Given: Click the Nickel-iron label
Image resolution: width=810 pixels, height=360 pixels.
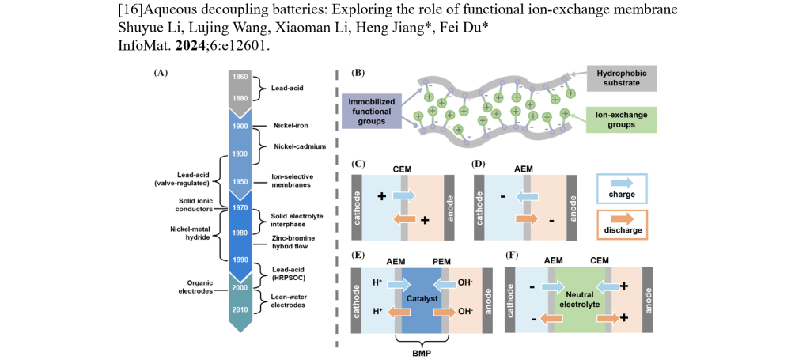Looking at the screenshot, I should click(288, 125).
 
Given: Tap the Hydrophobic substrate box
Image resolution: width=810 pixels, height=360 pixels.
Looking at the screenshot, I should click(621, 78).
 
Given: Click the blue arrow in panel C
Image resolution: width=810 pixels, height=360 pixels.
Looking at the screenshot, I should click(403, 195).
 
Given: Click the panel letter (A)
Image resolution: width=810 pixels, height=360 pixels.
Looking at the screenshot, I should click(161, 72).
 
